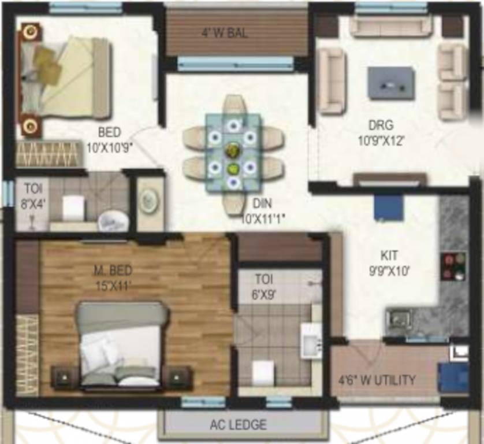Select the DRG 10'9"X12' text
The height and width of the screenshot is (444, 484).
tap(381, 132)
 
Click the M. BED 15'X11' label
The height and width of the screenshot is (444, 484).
tap(114, 277)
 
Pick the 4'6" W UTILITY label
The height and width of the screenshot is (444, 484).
tap(377, 380)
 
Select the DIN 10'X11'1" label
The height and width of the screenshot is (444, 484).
tap(263, 210)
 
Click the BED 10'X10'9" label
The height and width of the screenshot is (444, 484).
tap(109, 140)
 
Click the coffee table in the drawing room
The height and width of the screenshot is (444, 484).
tap(391, 83)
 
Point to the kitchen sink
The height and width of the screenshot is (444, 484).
tap(400, 319)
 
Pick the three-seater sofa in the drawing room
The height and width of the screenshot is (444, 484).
tap(391, 25)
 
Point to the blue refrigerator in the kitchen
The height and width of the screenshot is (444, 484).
tap(389, 208)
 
